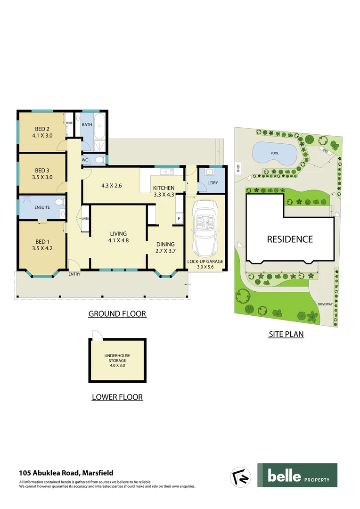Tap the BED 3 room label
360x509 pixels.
42,173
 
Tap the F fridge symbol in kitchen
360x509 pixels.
179,219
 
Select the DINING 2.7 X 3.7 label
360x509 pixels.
165,247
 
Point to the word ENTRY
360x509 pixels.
74,274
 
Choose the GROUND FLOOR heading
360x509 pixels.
117,314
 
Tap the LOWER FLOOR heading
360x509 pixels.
117,397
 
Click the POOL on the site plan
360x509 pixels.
274,153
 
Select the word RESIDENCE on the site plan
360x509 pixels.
290,239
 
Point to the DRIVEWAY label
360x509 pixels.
325,304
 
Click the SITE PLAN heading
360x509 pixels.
286,335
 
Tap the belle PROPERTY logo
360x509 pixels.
297,475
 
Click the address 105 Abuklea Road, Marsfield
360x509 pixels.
66,473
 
